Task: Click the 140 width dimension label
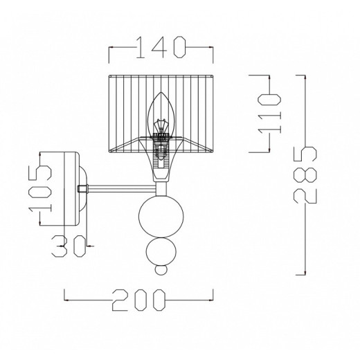[x=161, y=47]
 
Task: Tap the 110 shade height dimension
[x=269, y=114]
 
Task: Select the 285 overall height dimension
[x=305, y=175]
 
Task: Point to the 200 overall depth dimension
[x=139, y=300]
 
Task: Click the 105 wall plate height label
[x=40, y=188]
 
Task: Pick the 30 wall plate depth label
[x=69, y=246]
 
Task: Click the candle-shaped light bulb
[x=161, y=115]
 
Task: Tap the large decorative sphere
[x=161, y=216]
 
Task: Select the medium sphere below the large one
[x=161, y=251]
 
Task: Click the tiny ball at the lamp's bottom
[x=161, y=270]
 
